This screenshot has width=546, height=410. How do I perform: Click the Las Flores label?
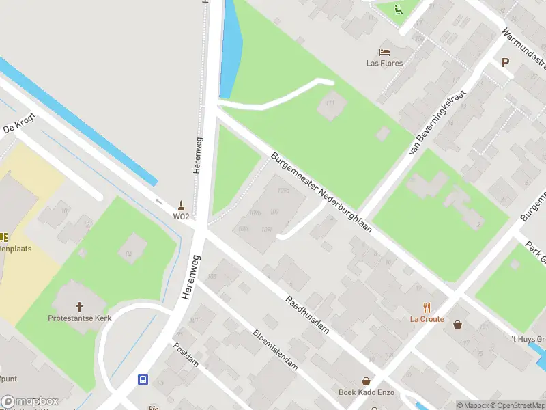tap(384, 64)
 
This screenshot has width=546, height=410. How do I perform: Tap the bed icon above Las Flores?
tap(384, 51)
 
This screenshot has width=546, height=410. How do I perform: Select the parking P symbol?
tap(505, 62)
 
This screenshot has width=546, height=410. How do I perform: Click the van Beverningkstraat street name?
tap(437, 123)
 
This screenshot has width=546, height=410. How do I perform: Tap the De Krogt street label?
tap(18, 124)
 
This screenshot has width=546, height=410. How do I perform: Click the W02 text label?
tap(181, 217)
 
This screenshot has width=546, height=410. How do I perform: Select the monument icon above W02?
tap(181, 204)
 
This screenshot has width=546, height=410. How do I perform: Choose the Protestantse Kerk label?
tap(79, 318)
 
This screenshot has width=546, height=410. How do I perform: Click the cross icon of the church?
tap(79, 306)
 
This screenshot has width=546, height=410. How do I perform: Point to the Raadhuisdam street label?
tap(307, 314)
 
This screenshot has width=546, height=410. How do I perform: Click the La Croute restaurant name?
tap(427, 319)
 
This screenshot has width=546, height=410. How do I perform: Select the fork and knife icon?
tap(427, 307)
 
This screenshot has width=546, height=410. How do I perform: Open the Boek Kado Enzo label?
tap(366, 392)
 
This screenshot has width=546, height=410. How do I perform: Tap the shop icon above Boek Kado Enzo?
tap(367, 381)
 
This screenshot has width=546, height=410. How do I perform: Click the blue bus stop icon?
tap(143, 380)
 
